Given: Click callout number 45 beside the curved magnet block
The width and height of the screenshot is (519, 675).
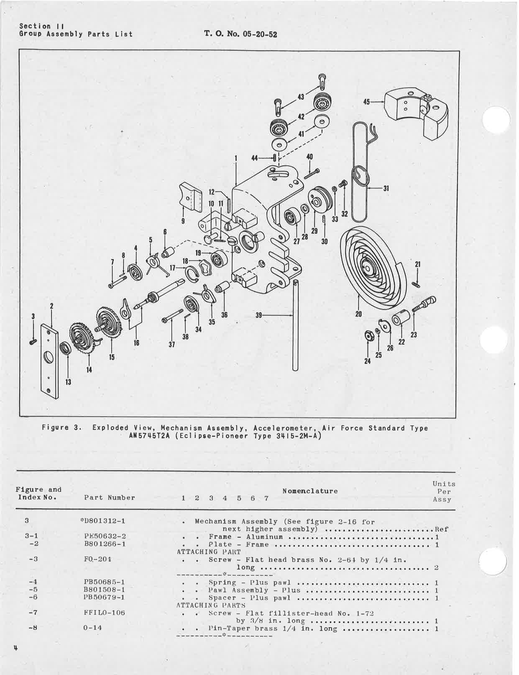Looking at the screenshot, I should pos(366,101).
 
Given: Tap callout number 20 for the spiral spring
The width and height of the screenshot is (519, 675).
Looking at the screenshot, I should pos(358,314).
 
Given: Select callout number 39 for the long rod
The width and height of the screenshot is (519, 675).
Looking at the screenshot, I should pos(258,315).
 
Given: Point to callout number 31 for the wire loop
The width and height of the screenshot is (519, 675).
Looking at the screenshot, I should pos(386,188).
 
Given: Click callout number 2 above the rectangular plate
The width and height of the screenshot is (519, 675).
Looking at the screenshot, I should pos(51,306).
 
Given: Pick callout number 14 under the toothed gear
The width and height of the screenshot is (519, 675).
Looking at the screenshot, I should pos(89,369).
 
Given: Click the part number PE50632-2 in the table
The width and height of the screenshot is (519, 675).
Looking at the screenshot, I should pos(105,536).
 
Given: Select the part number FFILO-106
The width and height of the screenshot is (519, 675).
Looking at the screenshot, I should pos(104,613).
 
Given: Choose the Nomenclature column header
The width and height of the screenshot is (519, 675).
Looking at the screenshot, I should pos(310,491).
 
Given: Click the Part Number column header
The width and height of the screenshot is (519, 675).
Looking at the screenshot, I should pos(110,498).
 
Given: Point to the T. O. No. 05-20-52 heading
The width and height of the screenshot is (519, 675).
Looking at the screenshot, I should pos(240,34).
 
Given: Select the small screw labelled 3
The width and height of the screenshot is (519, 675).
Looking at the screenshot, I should pos(33,342).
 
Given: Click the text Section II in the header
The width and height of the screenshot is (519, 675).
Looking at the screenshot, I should pos(41,26).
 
